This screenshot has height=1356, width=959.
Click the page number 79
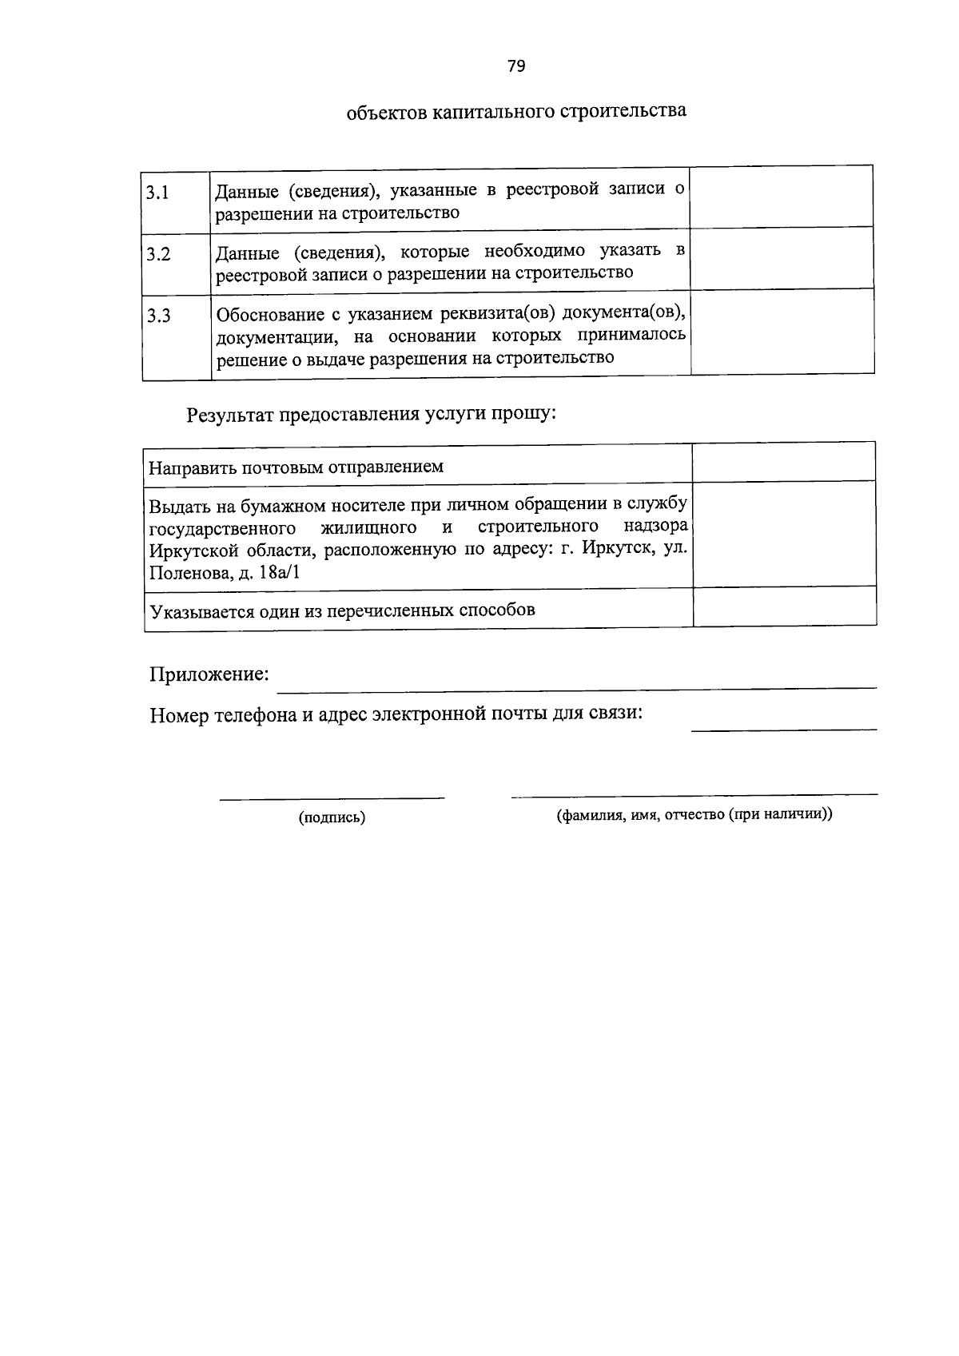tap(515, 66)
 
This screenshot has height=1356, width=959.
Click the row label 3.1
tap(157, 193)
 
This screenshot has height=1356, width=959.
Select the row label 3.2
tap(158, 254)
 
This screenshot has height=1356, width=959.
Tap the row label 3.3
tap(158, 316)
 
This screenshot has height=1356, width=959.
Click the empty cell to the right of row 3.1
tap(781, 197)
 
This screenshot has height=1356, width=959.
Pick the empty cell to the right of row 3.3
tap(782, 331)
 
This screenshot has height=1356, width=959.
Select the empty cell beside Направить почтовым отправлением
tap(784, 463)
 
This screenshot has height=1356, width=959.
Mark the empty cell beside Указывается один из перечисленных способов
tap(784, 607)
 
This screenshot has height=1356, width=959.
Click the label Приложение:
tap(209, 674)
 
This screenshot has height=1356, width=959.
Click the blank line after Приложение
tap(575, 684)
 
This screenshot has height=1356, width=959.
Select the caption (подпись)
tap(332, 817)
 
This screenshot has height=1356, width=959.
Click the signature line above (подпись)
tap(332, 797)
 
